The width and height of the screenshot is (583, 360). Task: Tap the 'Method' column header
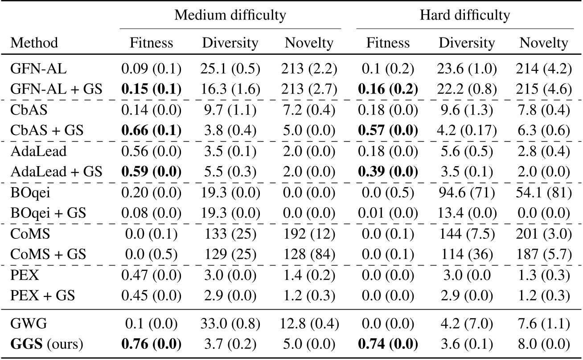coord(34,43)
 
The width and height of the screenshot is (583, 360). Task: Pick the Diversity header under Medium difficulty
coord(230,43)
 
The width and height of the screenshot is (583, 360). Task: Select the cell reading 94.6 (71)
coord(467,190)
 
